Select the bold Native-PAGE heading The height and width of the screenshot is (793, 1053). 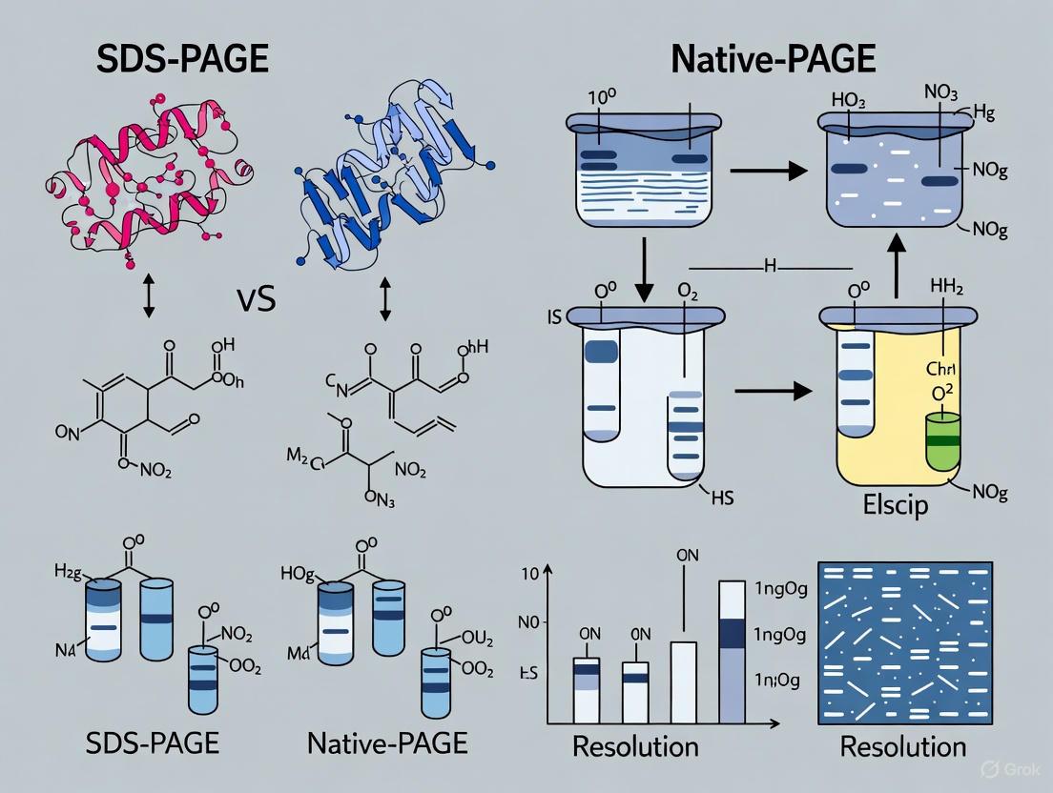point(774,58)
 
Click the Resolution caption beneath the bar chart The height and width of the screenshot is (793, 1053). point(635,745)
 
